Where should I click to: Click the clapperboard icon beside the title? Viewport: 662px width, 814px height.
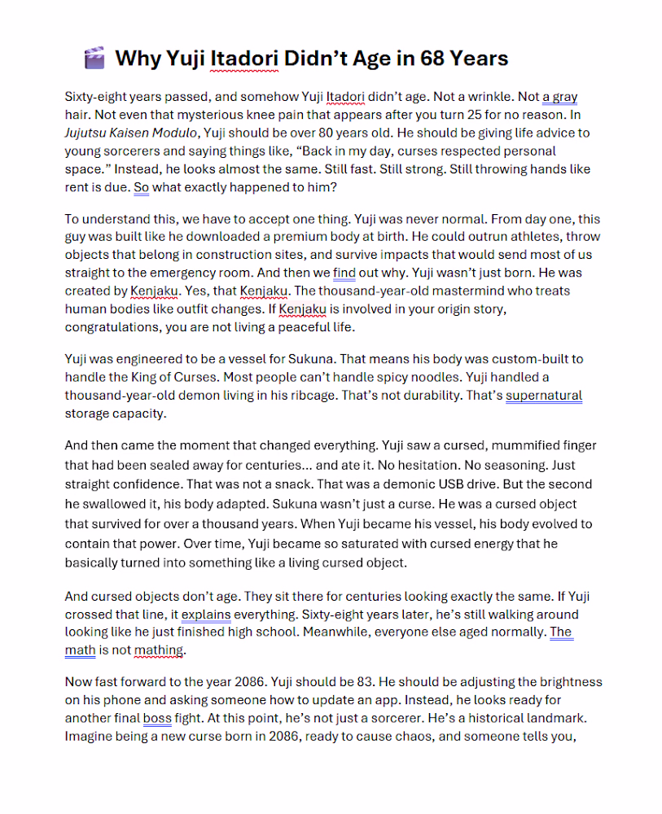(x=94, y=59)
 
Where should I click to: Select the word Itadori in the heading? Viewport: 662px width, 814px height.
(x=245, y=59)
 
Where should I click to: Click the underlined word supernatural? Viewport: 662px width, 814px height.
(x=544, y=395)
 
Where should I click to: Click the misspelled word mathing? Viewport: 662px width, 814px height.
(x=159, y=650)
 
